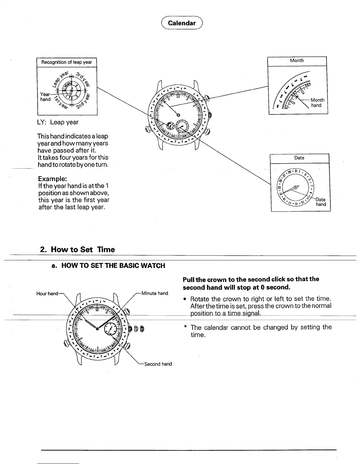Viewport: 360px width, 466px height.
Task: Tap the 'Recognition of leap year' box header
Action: [x=67, y=62]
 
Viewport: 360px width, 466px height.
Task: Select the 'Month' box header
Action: [x=297, y=61]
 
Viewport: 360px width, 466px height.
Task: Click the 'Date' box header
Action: [x=299, y=158]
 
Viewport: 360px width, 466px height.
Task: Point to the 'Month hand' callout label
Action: [x=317, y=103]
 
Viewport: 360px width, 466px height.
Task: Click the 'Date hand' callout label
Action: [x=321, y=202]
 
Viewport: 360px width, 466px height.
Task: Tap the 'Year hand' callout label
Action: [x=45, y=97]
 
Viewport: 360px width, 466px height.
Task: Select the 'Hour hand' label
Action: [x=47, y=293]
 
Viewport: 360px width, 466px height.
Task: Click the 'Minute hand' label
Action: [x=155, y=293]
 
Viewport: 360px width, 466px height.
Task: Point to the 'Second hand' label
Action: [x=158, y=364]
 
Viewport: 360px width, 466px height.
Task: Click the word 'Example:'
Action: [x=52, y=179]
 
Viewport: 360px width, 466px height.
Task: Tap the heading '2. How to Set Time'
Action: [x=77, y=249]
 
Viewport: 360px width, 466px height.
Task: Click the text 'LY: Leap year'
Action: [x=58, y=122]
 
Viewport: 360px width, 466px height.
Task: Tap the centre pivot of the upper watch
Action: [x=178, y=115]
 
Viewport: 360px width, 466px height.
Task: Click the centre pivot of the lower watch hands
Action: [x=97, y=329]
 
